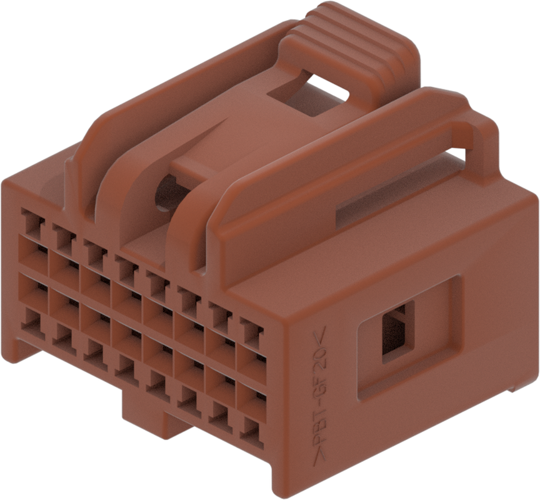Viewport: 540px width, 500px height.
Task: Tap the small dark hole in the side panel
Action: (397, 332)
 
